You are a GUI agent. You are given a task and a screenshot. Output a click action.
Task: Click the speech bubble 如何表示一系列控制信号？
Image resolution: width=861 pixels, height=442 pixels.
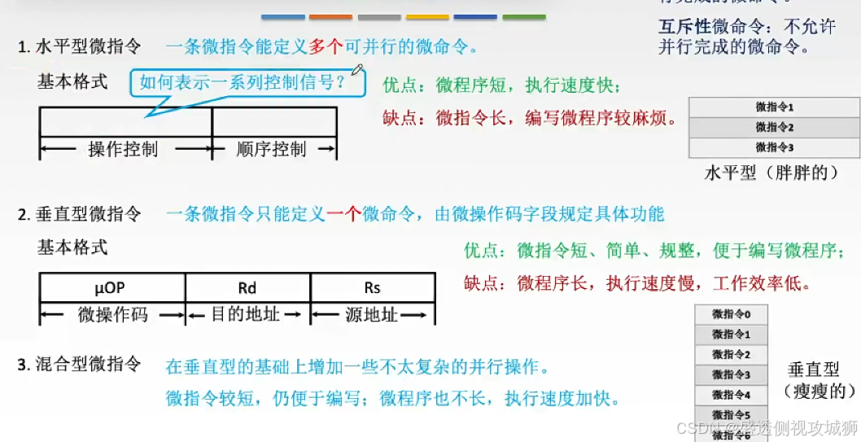click(243, 82)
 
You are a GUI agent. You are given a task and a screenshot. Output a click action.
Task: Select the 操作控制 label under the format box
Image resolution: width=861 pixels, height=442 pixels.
click(123, 149)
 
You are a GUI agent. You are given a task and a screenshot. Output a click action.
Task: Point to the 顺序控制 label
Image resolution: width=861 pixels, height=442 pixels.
click(272, 149)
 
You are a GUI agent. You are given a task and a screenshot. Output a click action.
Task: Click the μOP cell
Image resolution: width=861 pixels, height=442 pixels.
click(112, 287)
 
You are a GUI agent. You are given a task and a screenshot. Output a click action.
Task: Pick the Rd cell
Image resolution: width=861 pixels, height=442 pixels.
click(247, 287)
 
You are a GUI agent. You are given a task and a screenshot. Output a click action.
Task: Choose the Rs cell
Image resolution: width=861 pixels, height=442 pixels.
click(372, 287)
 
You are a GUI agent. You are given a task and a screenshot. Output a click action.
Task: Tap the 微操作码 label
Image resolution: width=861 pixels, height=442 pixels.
click(113, 314)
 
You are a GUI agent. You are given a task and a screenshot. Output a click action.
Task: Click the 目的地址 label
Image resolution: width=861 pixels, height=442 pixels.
click(246, 314)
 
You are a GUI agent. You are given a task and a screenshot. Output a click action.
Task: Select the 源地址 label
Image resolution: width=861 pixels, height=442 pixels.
click(372, 314)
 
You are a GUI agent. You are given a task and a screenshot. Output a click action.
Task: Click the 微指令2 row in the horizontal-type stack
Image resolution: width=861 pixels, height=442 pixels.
click(774, 127)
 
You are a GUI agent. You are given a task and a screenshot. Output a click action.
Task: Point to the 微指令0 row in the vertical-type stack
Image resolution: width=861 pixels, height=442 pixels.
click(731, 314)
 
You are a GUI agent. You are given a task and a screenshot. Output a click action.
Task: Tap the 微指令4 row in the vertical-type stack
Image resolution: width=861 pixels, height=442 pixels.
click(731, 395)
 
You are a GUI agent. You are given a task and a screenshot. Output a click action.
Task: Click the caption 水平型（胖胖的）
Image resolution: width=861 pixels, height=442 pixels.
click(771, 173)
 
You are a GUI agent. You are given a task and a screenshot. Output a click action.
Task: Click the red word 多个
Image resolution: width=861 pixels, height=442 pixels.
click(327, 47)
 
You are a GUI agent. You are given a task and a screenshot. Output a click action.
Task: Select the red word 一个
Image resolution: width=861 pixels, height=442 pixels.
click(343, 214)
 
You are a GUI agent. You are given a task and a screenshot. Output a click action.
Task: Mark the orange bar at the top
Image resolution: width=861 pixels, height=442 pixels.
click(330, 16)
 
